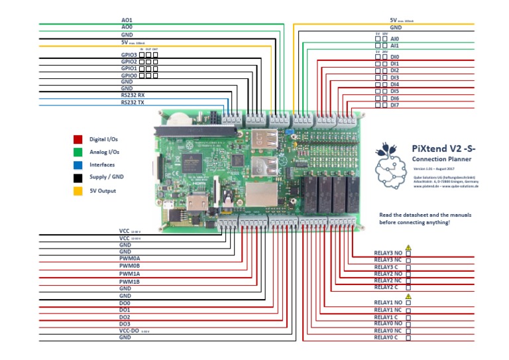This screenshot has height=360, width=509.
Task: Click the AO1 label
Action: [x=127, y=21]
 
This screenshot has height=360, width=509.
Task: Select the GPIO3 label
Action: [x=129, y=54]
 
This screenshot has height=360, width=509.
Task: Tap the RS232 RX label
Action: [x=133, y=95]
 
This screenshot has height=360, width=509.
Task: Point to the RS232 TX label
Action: [x=133, y=103]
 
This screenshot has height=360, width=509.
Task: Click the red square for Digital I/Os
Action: [x=78, y=140]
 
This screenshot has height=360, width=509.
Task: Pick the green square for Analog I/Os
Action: [x=78, y=152]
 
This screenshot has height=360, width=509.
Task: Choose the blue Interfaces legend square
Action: [x=78, y=164]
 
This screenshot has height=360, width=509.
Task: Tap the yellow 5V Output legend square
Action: [x=78, y=191]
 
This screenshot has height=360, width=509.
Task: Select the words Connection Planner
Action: [x=441, y=160]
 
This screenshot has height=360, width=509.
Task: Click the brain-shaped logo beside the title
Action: [x=389, y=164]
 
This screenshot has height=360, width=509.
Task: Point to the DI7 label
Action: [x=394, y=105]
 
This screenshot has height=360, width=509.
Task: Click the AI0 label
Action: [x=394, y=39]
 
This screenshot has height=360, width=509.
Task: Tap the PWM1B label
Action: [x=129, y=282]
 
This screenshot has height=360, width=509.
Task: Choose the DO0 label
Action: [x=125, y=302]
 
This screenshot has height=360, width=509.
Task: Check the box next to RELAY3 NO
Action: [x=408, y=253]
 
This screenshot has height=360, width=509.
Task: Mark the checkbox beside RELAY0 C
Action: [x=408, y=338]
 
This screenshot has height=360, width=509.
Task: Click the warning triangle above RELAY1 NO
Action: [x=408, y=296]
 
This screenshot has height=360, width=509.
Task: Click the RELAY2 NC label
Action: [x=388, y=280]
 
